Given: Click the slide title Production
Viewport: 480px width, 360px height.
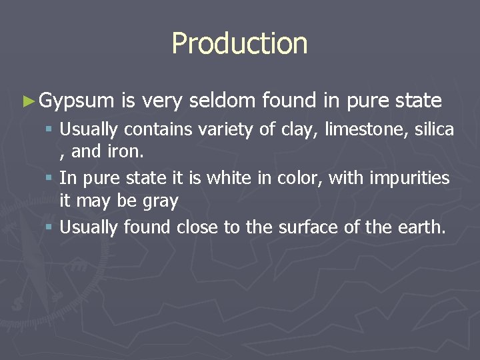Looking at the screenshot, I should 239,44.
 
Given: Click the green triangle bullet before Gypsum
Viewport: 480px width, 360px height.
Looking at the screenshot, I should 27,101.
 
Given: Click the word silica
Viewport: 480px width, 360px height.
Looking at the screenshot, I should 434,129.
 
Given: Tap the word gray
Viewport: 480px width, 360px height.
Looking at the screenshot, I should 164,201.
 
